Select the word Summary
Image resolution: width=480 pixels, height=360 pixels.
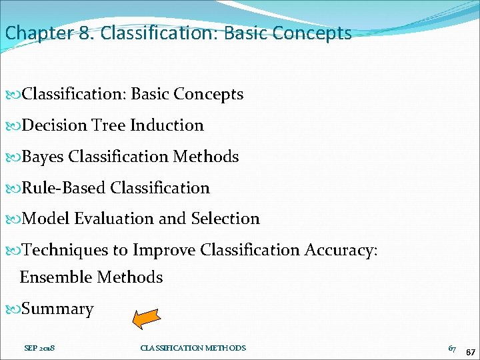tap(58, 309)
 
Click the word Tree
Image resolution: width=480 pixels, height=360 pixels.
tap(109, 125)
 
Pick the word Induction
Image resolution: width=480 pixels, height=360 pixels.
tap(167, 125)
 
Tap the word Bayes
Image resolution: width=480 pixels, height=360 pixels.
tap(43, 157)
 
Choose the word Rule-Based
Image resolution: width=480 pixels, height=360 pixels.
tap(65, 188)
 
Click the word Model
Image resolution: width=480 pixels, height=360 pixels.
tap(46, 219)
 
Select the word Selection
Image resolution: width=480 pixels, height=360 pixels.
tap(225, 219)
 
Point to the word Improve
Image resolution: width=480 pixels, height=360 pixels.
tap(163, 250)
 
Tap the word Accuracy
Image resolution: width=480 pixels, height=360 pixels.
tap(341, 250)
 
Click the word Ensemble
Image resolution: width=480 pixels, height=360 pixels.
tap(56, 277)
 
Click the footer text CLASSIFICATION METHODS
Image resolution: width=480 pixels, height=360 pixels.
tap(193, 348)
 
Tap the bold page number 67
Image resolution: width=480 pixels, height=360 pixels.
tap(471, 351)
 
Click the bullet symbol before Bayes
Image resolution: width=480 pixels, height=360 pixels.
tap(15, 157)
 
